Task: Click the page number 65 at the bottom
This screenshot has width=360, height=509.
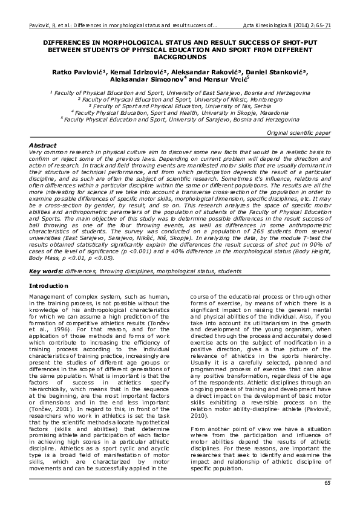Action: click(x=327, y=482)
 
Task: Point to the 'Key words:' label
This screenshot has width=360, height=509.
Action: click(x=47, y=271)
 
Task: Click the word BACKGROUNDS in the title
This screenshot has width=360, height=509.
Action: click(x=180, y=57)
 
